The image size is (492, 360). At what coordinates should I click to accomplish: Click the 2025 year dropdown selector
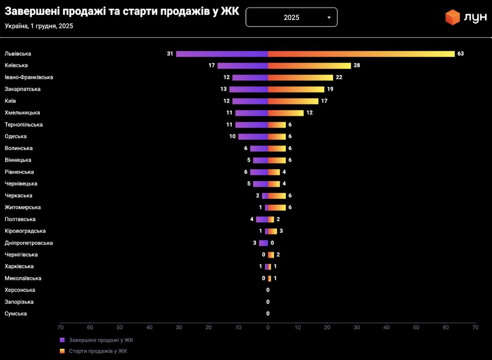[291, 17]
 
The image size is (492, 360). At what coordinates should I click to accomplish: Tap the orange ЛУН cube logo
[452, 17]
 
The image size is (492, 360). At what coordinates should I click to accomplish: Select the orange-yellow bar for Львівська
[361, 54]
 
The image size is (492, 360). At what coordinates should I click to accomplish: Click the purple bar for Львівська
[222, 54]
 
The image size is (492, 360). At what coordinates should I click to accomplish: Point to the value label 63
[460, 54]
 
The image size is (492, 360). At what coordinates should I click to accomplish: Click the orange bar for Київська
[309, 65]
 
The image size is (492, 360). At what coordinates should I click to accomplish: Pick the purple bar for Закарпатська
[249, 89]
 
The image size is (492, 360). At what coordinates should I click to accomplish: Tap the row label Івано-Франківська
[29, 77]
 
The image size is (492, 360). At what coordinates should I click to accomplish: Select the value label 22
[339, 77]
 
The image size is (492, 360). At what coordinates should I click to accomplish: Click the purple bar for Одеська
[253, 136]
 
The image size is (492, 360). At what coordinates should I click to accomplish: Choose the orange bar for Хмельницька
[286, 113]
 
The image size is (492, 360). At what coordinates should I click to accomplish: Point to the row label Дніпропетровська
[29, 243]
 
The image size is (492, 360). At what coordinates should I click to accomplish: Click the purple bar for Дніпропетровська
[263, 243]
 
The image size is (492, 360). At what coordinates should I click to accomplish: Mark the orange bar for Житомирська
[277, 207]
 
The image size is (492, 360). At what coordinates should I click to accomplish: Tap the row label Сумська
[16, 314]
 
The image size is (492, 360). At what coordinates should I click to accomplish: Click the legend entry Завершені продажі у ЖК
[101, 340]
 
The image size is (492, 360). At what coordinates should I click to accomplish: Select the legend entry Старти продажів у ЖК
[98, 351]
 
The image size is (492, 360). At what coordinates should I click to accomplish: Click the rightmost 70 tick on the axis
[475, 327]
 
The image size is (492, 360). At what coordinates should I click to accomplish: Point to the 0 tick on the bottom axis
[268, 327]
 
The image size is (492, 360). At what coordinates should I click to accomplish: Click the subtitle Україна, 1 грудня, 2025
[39, 26]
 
